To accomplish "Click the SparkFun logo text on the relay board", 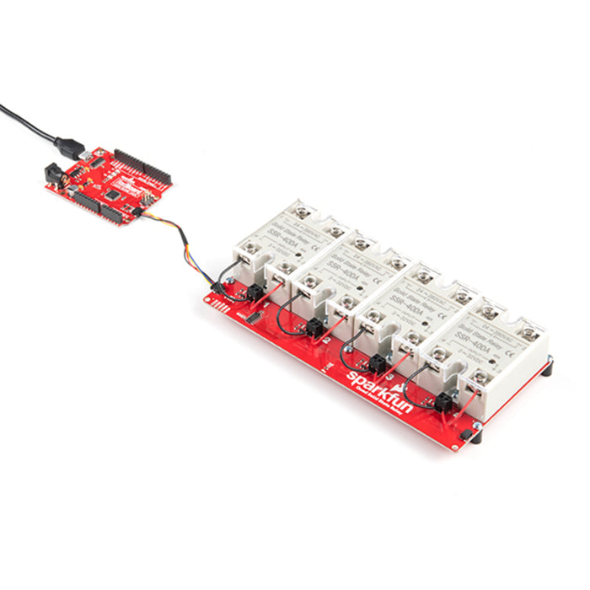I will (x=378, y=389).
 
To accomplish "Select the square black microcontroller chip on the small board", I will (x=111, y=193).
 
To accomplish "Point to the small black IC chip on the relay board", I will (x=254, y=319).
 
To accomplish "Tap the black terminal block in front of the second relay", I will (x=316, y=328).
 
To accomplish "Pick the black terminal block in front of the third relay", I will (x=378, y=362).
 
